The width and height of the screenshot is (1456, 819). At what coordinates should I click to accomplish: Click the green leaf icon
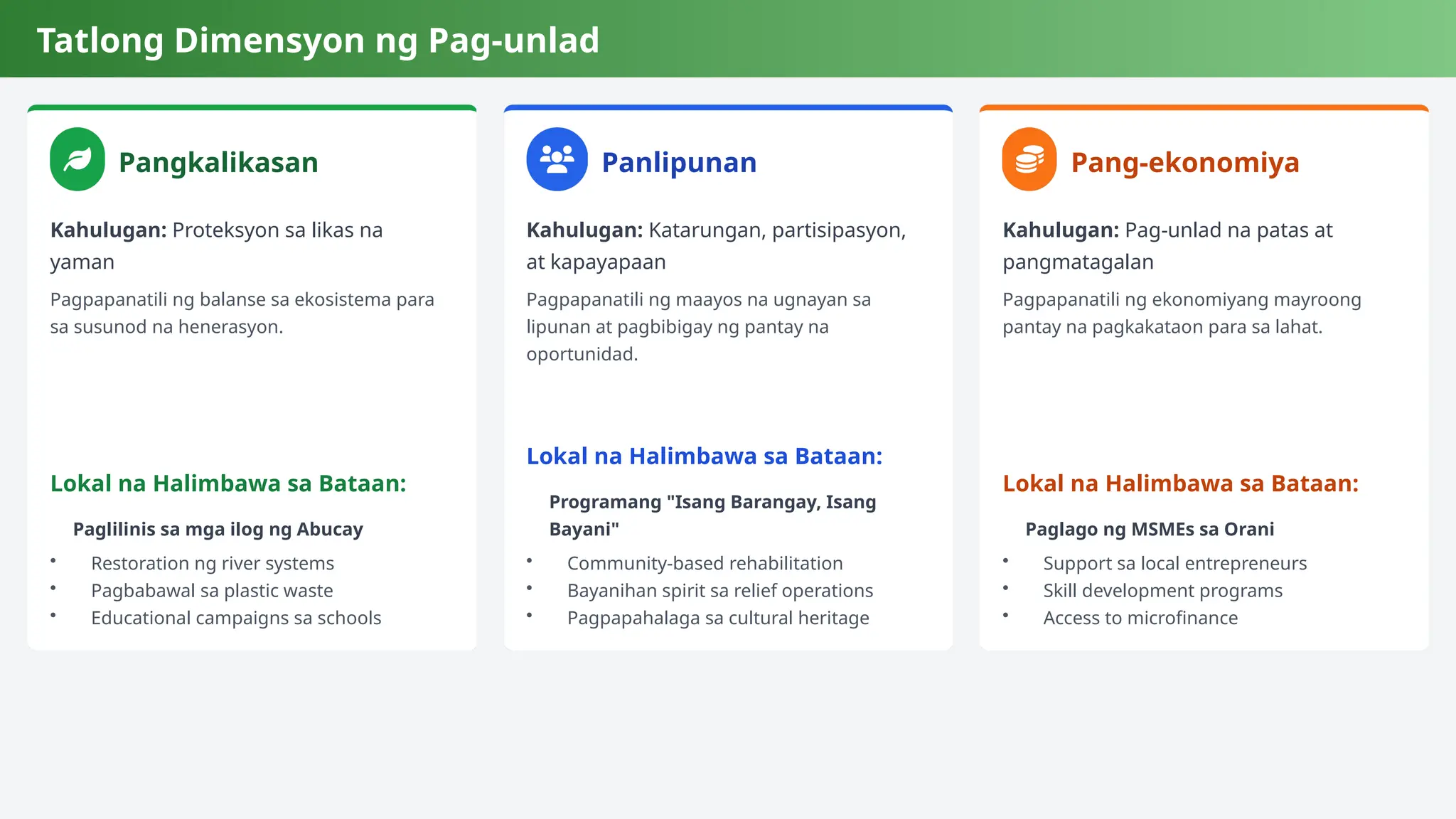pos(77,159)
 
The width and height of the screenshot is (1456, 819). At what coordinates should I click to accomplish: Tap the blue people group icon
pos(557,159)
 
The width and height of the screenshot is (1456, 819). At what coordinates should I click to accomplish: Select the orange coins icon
pos(1029,159)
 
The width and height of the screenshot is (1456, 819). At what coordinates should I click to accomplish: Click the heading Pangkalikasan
pos(218,163)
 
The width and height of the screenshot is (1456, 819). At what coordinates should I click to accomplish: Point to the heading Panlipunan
pos(679,163)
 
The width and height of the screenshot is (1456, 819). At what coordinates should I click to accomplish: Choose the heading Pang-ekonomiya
pos(1185,163)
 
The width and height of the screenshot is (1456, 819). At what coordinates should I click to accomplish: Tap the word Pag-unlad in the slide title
pos(513,41)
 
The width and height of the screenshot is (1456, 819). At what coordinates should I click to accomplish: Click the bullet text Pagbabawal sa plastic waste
pos(212,591)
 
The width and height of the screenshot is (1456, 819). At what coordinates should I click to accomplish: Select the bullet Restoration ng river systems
pos(213,564)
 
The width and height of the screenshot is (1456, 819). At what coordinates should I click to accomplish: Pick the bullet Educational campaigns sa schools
pos(236,618)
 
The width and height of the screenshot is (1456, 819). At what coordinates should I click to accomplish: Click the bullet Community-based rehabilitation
pos(705,564)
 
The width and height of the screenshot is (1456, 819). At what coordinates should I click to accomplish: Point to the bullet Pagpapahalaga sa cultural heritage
pos(718,618)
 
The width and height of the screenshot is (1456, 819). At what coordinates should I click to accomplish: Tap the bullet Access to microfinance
pos(1140,618)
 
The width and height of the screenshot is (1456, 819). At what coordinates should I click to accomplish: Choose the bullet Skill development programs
pos(1162,591)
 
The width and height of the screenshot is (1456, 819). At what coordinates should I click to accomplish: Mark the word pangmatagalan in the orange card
pos(1078,262)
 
